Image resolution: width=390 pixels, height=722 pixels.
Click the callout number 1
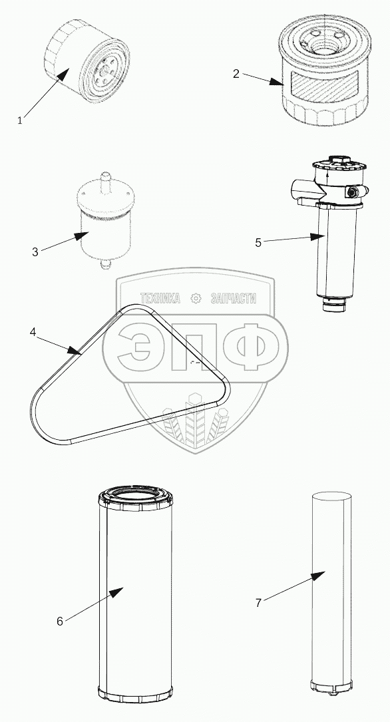(x=20, y=120)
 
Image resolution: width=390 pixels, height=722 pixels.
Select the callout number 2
(x=236, y=74)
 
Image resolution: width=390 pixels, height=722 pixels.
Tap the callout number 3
(x=35, y=252)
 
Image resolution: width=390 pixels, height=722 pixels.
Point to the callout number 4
(x=33, y=332)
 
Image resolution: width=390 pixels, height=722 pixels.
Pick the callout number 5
(x=258, y=243)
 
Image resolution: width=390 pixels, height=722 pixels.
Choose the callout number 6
(x=60, y=621)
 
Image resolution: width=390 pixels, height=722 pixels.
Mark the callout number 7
(x=259, y=603)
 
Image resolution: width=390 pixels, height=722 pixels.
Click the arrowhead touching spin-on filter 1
(x=63, y=73)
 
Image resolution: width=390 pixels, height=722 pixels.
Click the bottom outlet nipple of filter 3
(x=106, y=264)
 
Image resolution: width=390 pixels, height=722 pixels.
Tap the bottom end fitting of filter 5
(x=333, y=304)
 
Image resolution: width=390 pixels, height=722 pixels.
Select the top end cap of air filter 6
(x=136, y=497)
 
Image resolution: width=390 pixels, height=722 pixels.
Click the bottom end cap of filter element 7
(x=331, y=685)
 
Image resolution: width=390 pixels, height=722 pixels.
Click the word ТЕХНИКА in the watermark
(x=160, y=298)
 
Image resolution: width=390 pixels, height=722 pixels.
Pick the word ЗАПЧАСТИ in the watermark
(x=233, y=298)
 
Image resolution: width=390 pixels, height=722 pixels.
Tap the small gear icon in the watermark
(x=196, y=298)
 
